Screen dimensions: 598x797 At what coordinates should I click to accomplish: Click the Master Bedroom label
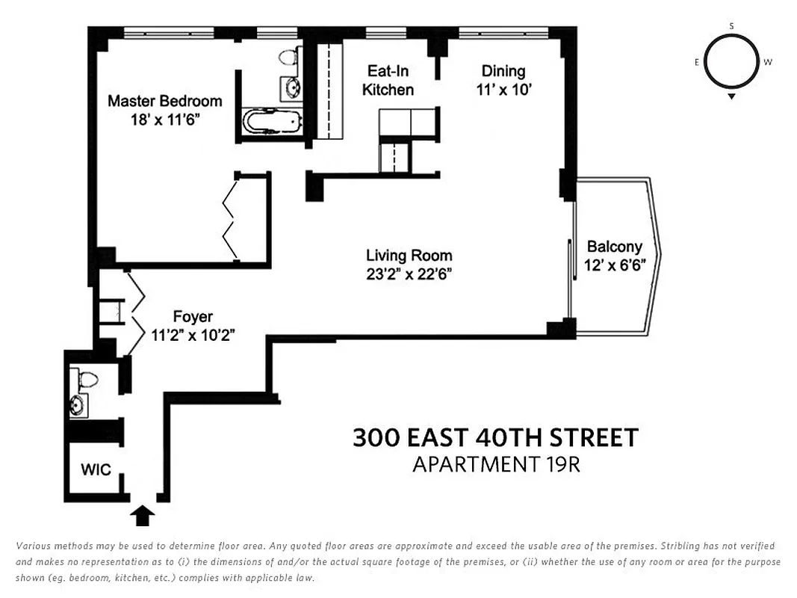point(164,100)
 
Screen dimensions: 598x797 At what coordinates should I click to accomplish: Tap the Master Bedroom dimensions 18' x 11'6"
point(164,118)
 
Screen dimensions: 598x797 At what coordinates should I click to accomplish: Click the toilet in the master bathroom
point(289,56)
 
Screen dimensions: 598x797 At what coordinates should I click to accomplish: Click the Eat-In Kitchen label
point(388,80)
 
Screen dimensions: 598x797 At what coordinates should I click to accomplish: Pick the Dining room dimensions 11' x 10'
point(503,90)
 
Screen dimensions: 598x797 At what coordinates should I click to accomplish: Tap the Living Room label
point(409,255)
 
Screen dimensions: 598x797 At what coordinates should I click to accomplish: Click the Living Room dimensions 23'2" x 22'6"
point(409,274)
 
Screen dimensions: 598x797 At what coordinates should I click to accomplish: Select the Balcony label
point(614,247)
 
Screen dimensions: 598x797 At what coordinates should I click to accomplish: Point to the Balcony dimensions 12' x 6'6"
point(614,265)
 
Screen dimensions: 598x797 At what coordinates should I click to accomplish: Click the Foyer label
point(193,316)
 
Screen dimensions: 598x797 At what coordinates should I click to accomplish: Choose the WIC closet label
point(96,469)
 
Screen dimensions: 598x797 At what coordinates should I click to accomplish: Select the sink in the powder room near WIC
point(79,407)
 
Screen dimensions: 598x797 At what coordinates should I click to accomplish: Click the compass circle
point(731,62)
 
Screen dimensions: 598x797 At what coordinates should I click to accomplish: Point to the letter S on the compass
point(731,26)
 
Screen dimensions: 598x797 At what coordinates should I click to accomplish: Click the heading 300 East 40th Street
point(496,437)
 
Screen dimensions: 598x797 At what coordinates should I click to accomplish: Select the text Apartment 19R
point(496,465)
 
